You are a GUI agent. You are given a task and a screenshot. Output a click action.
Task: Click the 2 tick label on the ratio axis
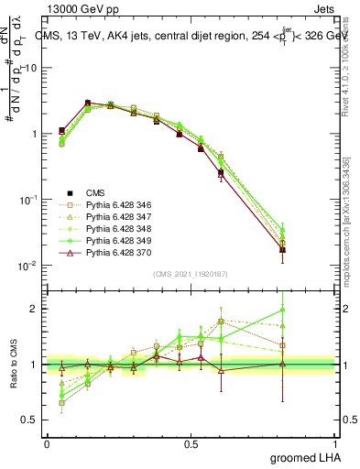33,309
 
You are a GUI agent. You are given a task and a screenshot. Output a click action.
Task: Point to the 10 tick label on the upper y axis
27,68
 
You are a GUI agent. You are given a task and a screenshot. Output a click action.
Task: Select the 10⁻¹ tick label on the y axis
27,200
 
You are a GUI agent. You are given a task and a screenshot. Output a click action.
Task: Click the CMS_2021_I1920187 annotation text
190,274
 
